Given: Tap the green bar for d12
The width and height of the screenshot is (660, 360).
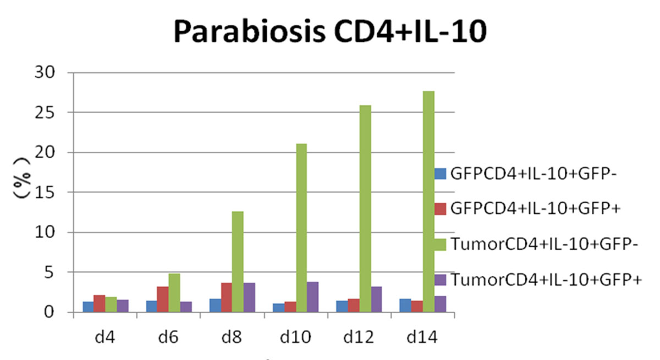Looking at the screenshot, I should click(365, 209).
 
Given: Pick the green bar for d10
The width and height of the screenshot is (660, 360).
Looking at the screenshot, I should click(301, 228).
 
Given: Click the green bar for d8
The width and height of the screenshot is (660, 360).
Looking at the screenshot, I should click(238, 262).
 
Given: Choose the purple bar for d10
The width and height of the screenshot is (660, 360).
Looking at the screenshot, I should click(312, 297).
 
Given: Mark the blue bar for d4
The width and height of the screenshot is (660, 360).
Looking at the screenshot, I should click(88, 307).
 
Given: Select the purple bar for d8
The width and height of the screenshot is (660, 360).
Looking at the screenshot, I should click(249, 297).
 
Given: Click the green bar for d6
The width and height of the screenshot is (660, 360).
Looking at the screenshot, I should click(174, 293).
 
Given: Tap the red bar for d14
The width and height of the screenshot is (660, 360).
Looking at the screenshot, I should click(417, 307).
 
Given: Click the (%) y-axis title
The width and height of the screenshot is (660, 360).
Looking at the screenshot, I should click(22, 192).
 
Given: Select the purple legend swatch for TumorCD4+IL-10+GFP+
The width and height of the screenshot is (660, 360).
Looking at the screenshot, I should click(440, 279).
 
